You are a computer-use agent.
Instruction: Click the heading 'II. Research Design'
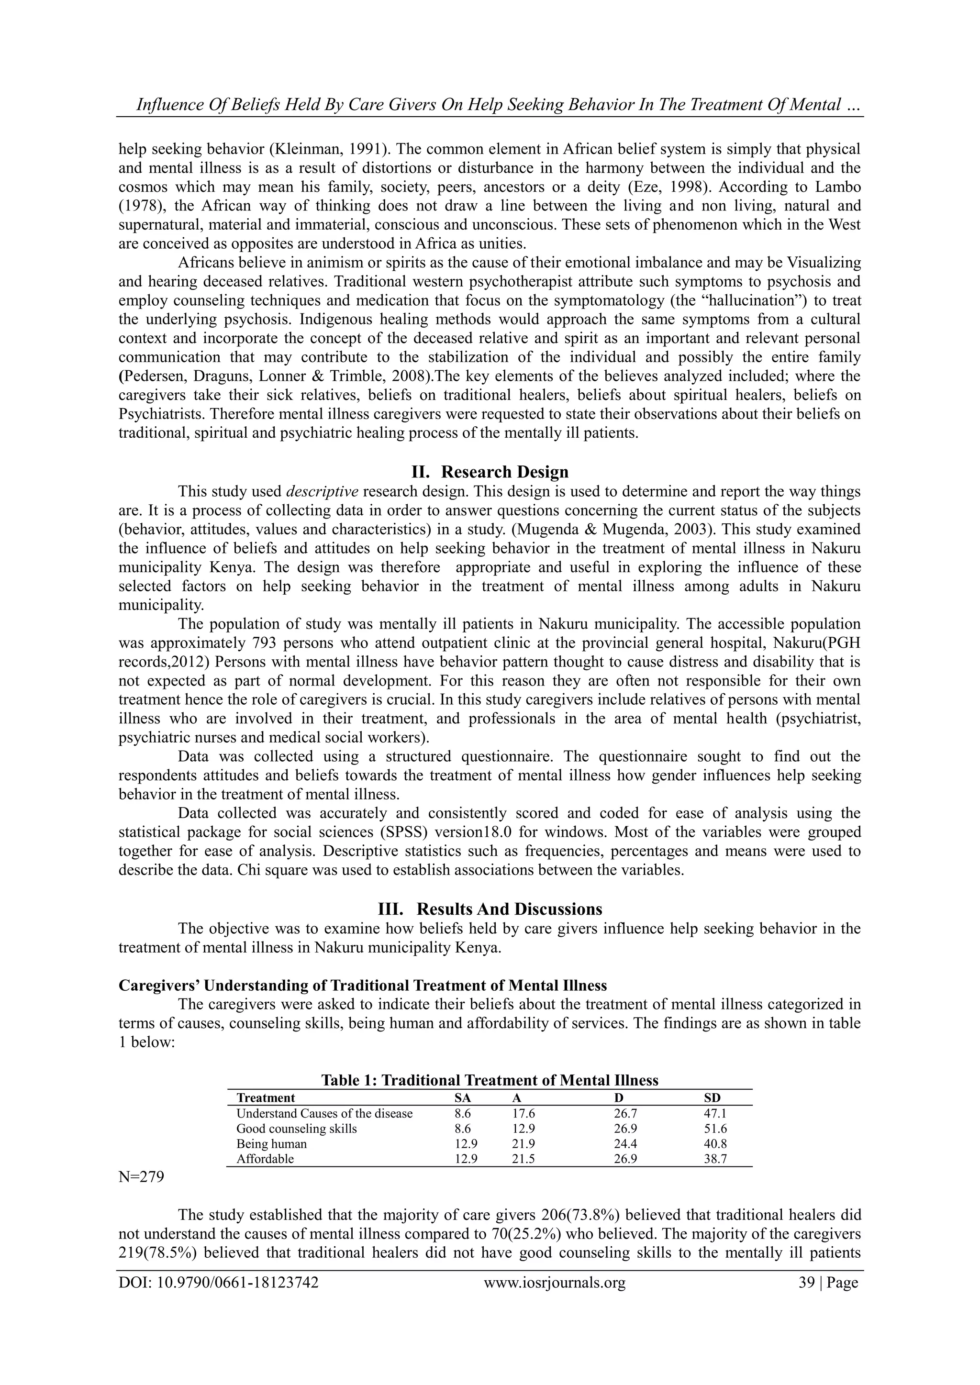[x=490, y=471]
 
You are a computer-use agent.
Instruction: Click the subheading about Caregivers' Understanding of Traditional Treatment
[x=362, y=985]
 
